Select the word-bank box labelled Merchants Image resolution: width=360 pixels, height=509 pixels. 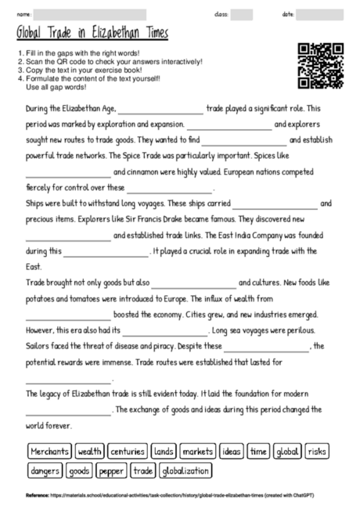tap(49, 452)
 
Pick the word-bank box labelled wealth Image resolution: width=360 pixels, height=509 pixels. tap(90, 452)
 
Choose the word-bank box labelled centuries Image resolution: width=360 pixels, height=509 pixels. tap(128, 452)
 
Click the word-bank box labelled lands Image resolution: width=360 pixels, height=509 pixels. tap(164, 452)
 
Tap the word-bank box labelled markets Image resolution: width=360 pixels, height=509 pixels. tap(198, 452)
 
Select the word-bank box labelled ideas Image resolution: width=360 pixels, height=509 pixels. tap(232, 452)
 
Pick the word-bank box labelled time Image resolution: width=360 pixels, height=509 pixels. tap(258, 452)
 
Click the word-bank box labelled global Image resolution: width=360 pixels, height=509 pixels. tap(287, 452)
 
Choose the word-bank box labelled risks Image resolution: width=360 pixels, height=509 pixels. tap(317, 452)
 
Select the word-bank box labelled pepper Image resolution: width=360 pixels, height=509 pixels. tap(112, 471)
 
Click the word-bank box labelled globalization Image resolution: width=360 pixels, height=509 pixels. tap(185, 471)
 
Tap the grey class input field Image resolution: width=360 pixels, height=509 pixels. tap(242, 14)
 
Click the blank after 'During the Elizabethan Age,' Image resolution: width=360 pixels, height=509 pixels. tap(160, 110)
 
